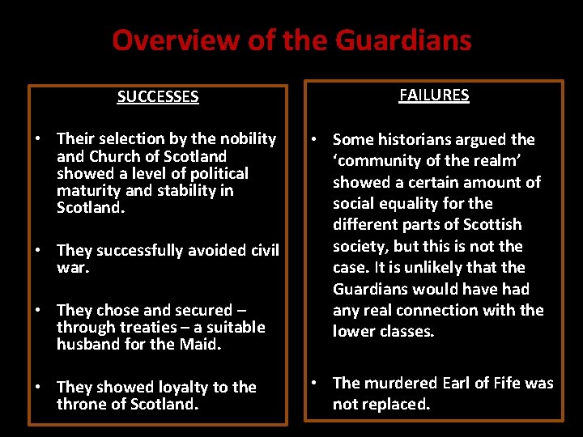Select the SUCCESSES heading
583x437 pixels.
pos(158,97)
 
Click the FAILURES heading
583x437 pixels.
pos(434,95)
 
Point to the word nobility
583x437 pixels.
pos(244,139)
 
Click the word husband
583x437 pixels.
pos(88,344)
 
